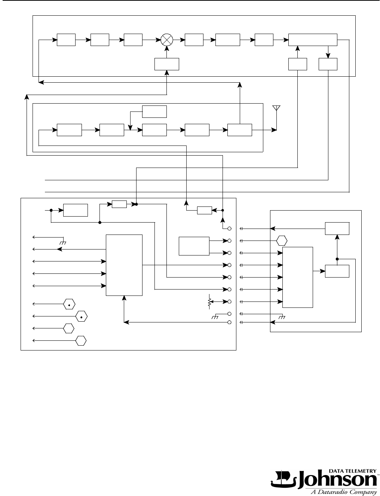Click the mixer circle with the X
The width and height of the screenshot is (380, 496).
(x=166, y=40)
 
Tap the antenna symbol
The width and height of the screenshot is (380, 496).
(x=276, y=108)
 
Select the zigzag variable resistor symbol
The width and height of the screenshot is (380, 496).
(x=209, y=302)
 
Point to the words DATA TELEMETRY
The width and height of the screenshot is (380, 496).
(x=352, y=471)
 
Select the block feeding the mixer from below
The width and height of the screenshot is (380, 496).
(x=166, y=64)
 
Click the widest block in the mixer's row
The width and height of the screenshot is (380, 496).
(x=313, y=40)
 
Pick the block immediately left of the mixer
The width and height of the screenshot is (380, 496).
(x=133, y=40)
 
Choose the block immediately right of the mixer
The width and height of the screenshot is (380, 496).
(x=194, y=40)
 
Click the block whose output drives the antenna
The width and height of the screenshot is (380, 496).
(x=240, y=130)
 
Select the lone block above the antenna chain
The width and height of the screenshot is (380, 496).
(x=154, y=111)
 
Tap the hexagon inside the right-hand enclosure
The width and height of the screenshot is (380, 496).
(x=282, y=241)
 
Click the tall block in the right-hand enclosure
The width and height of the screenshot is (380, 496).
(x=298, y=277)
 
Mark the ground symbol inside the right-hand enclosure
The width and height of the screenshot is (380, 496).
(x=282, y=317)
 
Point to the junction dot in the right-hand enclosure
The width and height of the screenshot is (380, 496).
(x=337, y=259)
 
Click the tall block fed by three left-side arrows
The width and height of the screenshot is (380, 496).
(x=124, y=265)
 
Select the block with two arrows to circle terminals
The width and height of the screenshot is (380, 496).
(x=194, y=246)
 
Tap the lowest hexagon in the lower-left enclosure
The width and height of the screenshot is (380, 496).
(x=81, y=341)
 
